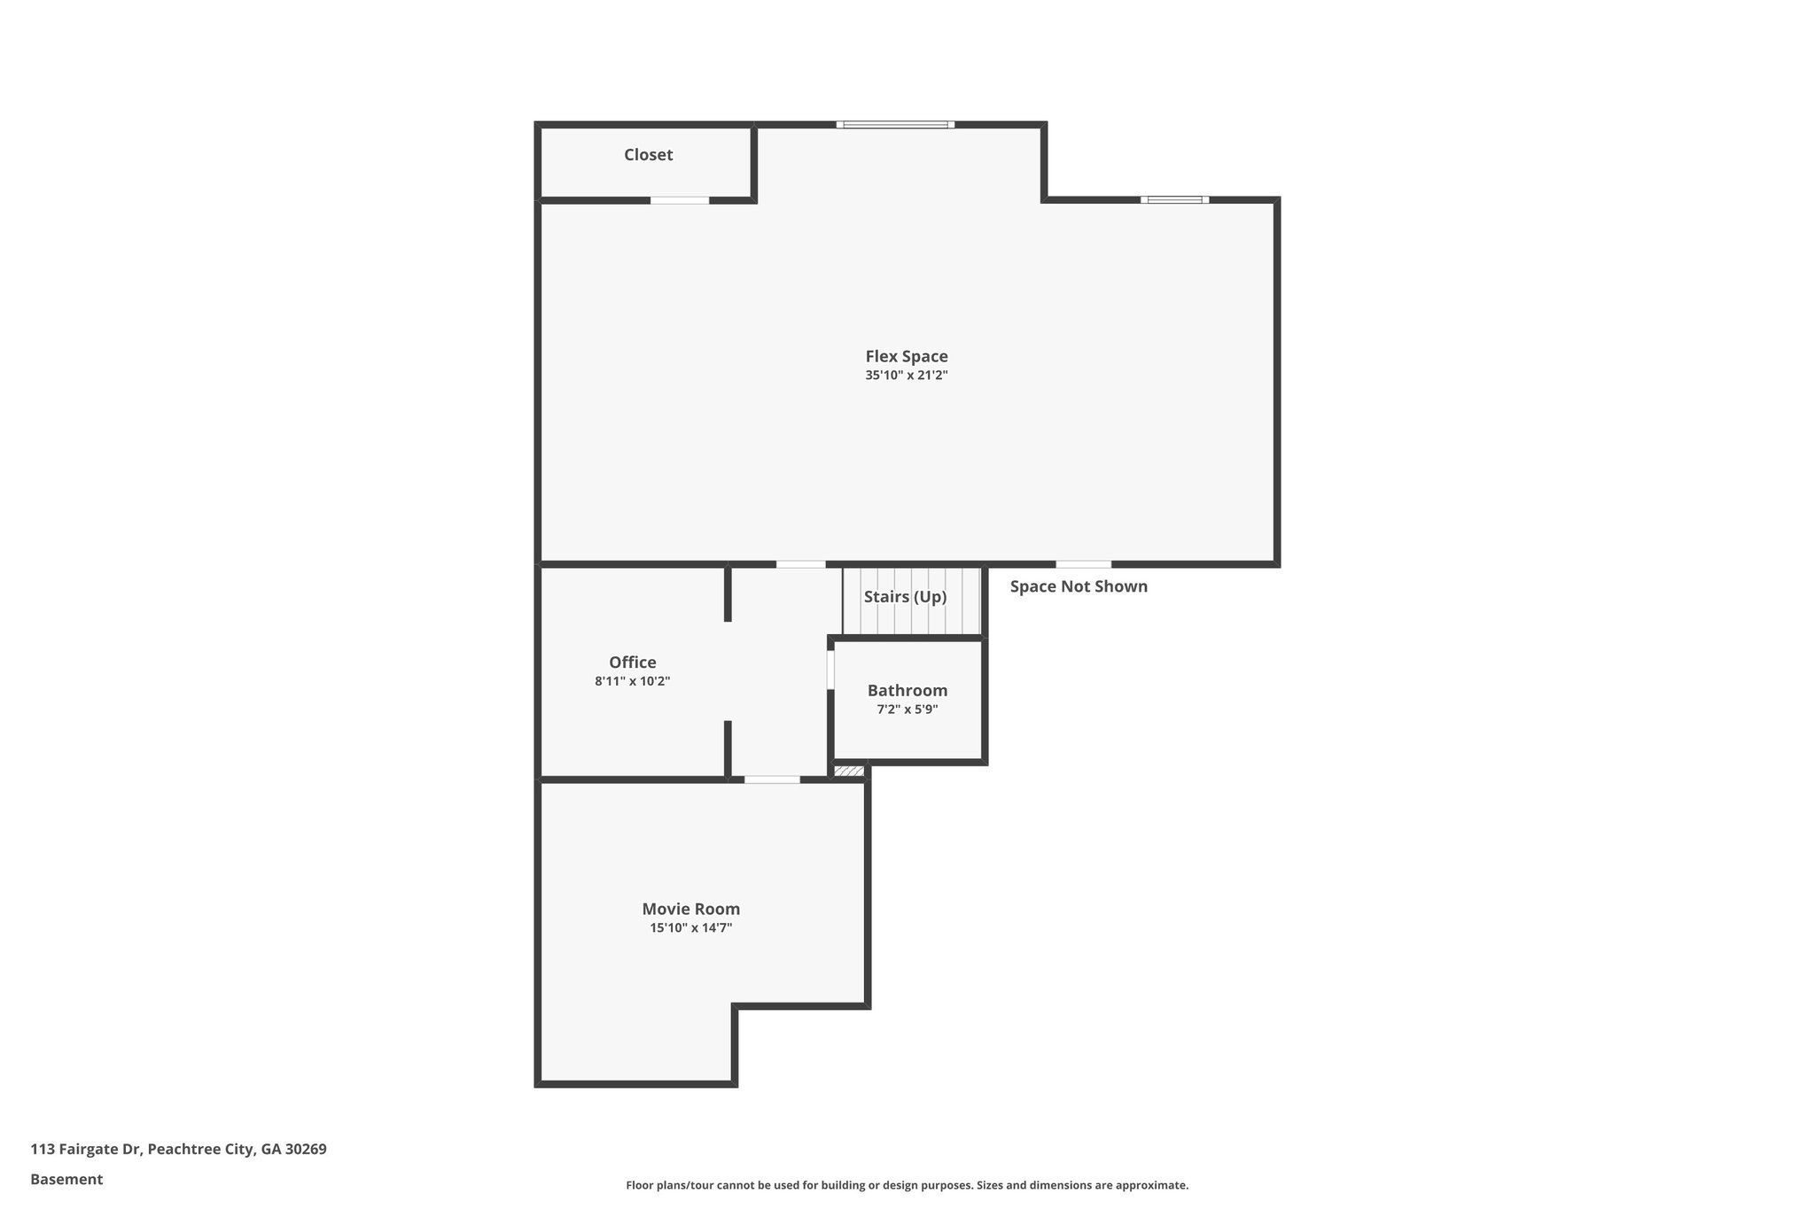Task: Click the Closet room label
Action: point(648,155)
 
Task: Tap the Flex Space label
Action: point(907,356)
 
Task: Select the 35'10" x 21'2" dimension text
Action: point(907,376)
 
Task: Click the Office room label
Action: point(632,663)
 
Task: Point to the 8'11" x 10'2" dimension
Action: point(632,682)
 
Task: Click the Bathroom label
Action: point(907,690)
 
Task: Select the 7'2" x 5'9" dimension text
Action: point(907,709)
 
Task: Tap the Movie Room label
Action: point(690,909)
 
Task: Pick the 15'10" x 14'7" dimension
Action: point(690,928)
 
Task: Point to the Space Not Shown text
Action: point(1078,586)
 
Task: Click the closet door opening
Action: point(680,200)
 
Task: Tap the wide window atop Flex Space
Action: point(895,125)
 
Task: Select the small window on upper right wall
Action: point(1174,200)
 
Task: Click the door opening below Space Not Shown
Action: point(1083,564)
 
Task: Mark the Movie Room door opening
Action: point(771,779)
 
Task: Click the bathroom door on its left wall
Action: point(830,670)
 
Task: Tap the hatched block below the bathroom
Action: point(849,771)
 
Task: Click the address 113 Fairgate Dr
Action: point(178,1149)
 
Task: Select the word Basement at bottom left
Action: point(66,1179)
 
